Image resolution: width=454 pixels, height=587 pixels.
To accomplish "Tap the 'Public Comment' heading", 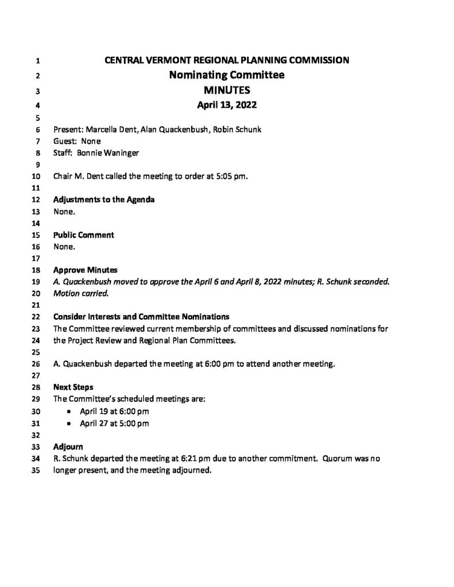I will pos(83,235).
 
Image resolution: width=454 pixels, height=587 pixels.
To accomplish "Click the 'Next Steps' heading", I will pos(72,387).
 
